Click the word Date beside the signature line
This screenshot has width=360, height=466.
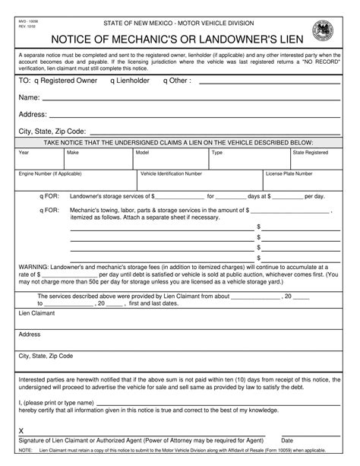point(287,440)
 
